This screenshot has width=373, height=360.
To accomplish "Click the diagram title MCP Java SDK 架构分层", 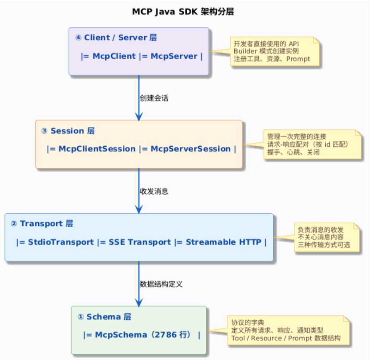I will click(183, 12).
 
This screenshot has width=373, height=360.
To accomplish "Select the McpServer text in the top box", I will click(174, 56).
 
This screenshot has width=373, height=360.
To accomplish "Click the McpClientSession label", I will click(97, 149).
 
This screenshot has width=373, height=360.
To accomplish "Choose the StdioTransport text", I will click(61, 242).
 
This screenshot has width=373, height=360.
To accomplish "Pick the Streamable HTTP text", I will click(223, 242).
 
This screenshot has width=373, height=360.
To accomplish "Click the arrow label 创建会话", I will click(154, 98).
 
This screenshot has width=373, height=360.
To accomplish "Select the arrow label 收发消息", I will click(154, 191).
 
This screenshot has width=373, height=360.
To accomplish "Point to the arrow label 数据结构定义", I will click(161, 284).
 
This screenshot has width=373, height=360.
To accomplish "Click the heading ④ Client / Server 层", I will click(116, 38).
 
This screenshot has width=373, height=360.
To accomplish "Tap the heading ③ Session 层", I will click(68, 131).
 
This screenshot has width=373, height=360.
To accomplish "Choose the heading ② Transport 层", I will click(42, 224).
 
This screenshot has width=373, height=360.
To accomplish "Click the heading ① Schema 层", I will click(104, 317).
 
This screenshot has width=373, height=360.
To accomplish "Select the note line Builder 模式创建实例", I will click(266, 51).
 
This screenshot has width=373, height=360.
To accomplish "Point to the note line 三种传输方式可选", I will click(324, 245).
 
